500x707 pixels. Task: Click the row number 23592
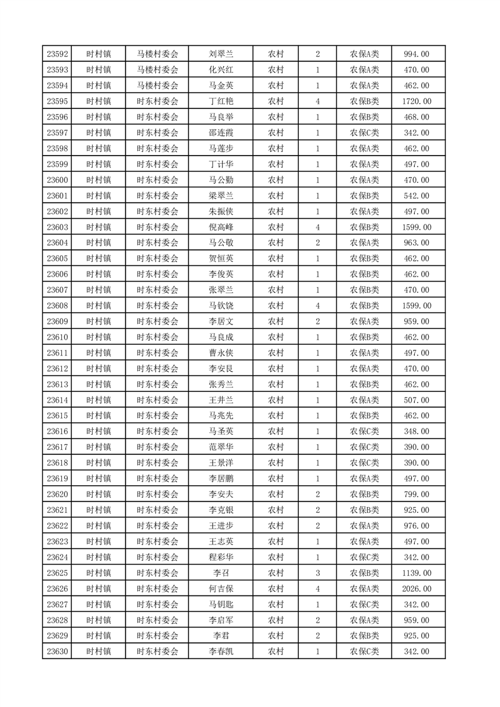[57, 54]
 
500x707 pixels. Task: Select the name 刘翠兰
[221, 54]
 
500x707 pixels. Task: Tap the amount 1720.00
[417, 101]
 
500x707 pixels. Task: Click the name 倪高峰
[221, 227]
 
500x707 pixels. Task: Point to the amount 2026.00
[417, 589]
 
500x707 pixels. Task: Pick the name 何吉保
[221, 589]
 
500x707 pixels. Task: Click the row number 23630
[57, 652]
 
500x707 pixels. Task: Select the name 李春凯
[221, 652]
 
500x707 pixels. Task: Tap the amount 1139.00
[417, 573]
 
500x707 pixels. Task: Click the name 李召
[221, 573]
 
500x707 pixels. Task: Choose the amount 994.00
[417, 54]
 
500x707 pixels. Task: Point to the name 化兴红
[221, 70]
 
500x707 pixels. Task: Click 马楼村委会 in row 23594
[158, 86]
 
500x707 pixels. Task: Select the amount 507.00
[417, 400]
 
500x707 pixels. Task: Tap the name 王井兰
[221, 400]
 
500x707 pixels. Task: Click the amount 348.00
[417, 432]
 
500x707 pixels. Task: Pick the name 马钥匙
[221, 605]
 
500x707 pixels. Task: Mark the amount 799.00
[417, 495]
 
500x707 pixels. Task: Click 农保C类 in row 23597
[364, 133]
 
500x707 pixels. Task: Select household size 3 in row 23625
[317, 573]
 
